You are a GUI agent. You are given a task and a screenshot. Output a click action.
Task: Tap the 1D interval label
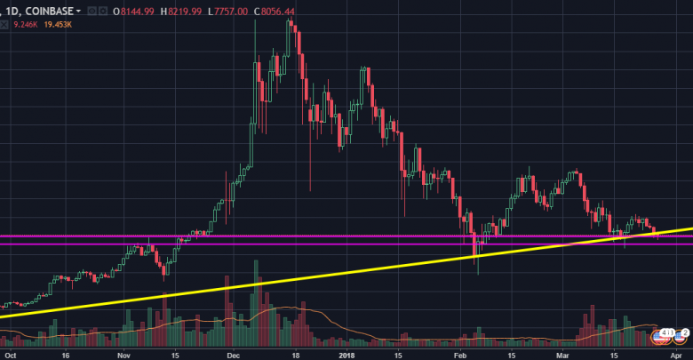pos(12,11)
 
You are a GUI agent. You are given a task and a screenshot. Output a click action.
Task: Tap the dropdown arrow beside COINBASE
pos(79,11)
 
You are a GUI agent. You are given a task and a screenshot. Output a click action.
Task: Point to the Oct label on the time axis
pos(10,353)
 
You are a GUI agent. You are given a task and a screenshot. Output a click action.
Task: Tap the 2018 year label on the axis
pos(346,353)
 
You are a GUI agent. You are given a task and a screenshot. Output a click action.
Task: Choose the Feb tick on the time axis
pos(459,353)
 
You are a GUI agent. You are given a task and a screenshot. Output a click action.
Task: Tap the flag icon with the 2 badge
pos(681,337)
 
